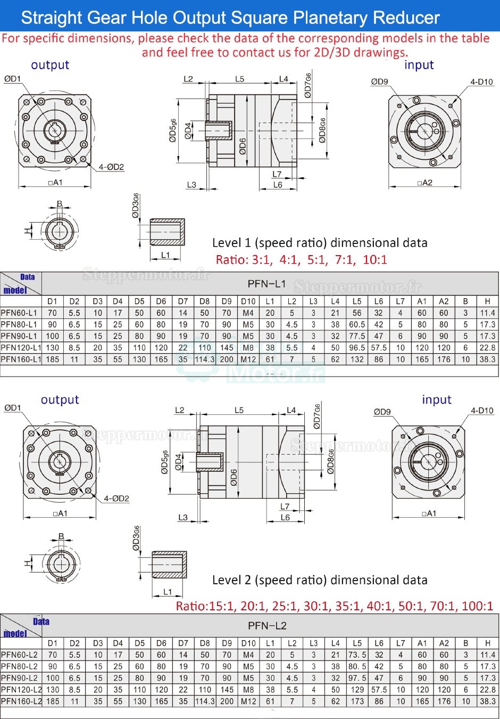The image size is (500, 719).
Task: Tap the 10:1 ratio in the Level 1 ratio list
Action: click(x=375, y=260)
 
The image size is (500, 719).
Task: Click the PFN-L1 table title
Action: click(x=266, y=284)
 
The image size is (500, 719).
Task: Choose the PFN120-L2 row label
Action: click(x=21, y=690)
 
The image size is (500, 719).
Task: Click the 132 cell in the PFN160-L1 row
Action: click(x=357, y=359)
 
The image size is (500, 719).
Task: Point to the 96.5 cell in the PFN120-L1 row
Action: click(x=357, y=348)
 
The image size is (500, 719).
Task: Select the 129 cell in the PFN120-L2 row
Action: click(x=357, y=690)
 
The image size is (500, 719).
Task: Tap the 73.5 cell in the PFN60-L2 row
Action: click(x=357, y=655)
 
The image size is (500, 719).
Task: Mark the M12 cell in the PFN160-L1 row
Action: click(x=248, y=359)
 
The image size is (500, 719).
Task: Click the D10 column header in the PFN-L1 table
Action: click(x=248, y=301)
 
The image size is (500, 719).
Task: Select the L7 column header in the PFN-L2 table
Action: click(x=401, y=643)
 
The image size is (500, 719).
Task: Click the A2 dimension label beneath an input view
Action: click(x=426, y=183)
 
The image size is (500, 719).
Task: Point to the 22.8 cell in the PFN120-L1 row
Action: click(x=487, y=348)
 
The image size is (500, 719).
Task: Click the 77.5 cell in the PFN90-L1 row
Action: click(x=357, y=336)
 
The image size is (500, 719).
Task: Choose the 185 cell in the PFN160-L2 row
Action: click(x=53, y=701)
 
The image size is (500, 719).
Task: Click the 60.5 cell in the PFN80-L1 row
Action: click(x=357, y=324)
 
